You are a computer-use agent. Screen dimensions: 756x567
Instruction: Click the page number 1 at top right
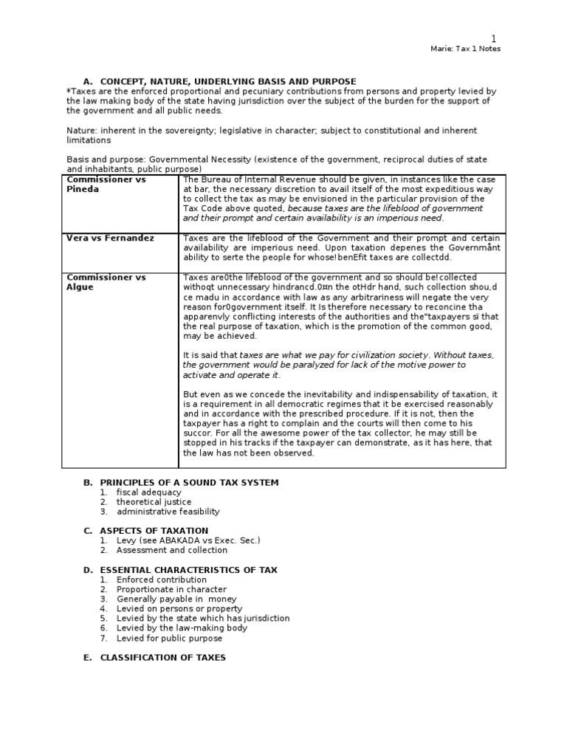pos(495,38)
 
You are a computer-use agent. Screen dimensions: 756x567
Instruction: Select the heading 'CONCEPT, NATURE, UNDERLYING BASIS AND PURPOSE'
pos(228,81)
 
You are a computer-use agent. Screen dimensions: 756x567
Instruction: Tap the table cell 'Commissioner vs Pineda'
pos(106,185)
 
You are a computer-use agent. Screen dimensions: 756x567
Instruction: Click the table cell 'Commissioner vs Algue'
pos(106,282)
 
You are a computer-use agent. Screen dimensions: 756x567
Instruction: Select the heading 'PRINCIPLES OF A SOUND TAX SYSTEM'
pos(189,483)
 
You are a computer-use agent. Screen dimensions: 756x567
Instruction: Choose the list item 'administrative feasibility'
pos(168,512)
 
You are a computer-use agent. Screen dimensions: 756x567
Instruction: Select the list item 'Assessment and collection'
pos(172,550)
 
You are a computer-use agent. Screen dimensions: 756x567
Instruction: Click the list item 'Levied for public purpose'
pos(169,638)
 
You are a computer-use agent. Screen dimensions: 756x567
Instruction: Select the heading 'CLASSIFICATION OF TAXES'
pos(162,657)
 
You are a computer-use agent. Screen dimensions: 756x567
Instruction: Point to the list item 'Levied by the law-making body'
pos(182,628)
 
